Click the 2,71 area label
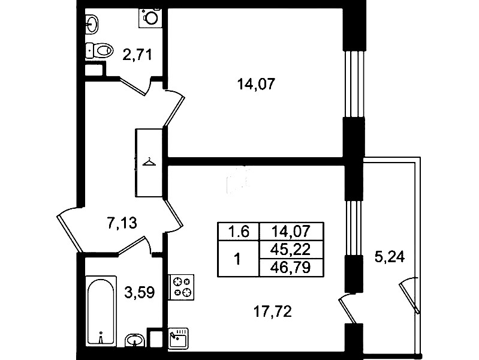[137, 55]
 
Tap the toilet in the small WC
[99, 50]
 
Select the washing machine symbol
[150, 18]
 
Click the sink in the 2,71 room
[92, 23]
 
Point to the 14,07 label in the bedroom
[257, 84]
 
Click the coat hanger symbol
[149, 162]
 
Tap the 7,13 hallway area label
[122, 223]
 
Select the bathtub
[101, 311]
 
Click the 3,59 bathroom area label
[140, 292]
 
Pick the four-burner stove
[182, 287]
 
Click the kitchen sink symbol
[179, 338]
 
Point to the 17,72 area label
[273, 311]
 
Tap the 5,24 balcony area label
[390, 257]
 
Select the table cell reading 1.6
[239, 232]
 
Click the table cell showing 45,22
[291, 250]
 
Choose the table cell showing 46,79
[291, 268]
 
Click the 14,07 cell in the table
[291, 232]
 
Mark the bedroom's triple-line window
[354, 84]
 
